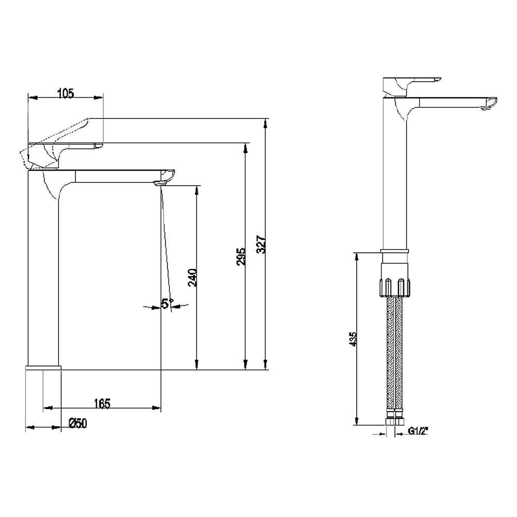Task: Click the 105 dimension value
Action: click(x=66, y=93)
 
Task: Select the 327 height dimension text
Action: click(x=261, y=244)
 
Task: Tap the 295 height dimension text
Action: click(x=241, y=256)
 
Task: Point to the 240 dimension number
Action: click(x=192, y=278)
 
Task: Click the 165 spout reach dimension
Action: click(x=102, y=403)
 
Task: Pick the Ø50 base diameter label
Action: click(x=78, y=423)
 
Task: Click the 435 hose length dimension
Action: click(x=353, y=339)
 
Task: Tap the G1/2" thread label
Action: click(x=418, y=431)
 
